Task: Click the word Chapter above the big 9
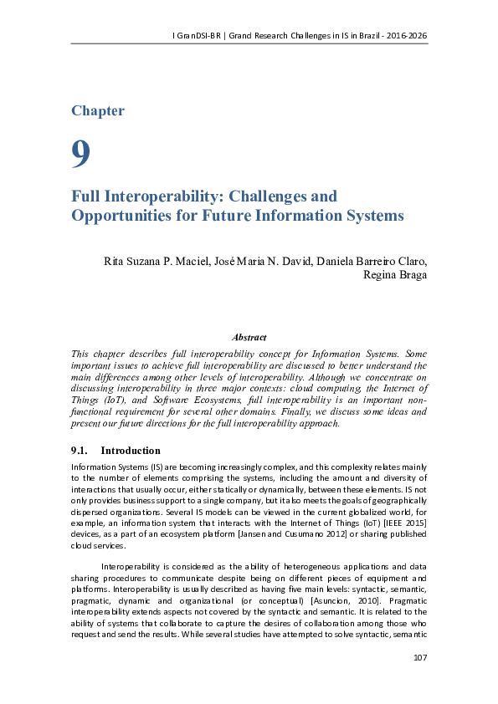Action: point(98,111)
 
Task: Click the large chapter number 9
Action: point(80,153)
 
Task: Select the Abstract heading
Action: point(249,338)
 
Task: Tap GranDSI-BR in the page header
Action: point(199,35)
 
